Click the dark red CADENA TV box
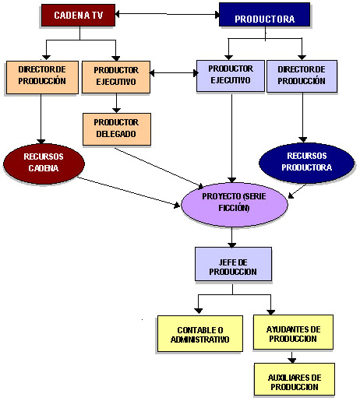pyautogui.click(x=78, y=15)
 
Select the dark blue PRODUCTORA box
pyautogui.click(x=265, y=15)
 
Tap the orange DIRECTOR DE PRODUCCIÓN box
pyautogui.click(x=42, y=77)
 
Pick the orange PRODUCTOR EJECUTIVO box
pyautogui.click(x=116, y=77)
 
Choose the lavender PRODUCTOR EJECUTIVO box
pyautogui.click(x=231, y=76)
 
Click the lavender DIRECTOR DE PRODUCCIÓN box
pyautogui.click(x=302, y=76)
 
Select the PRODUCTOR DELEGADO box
pyautogui.click(x=117, y=129)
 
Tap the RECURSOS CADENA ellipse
pyautogui.click(x=44, y=164)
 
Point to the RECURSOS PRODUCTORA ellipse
pyautogui.click(x=307, y=163)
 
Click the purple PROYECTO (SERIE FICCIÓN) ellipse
pyautogui.click(x=235, y=205)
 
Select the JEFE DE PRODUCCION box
pyautogui.click(x=233, y=264)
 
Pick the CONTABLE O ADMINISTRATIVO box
pyautogui.click(x=200, y=334)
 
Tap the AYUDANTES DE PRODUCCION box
pyautogui.click(x=293, y=332)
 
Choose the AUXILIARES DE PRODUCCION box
pyautogui.click(x=295, y=379)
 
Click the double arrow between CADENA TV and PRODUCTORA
pyautogui.click(x=167, y=14)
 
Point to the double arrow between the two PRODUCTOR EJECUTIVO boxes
pyautogui.click(x=174, y=73)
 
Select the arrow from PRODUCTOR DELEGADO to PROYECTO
pyautogui.click(x=159, y=167)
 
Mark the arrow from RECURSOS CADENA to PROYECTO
pyautogui.click(x=129, y=192)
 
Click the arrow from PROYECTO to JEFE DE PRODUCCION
pyautogui.click(x=231, y=237)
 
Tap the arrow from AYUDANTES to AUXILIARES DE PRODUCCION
pyautogui.click(x=291, y=357)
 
